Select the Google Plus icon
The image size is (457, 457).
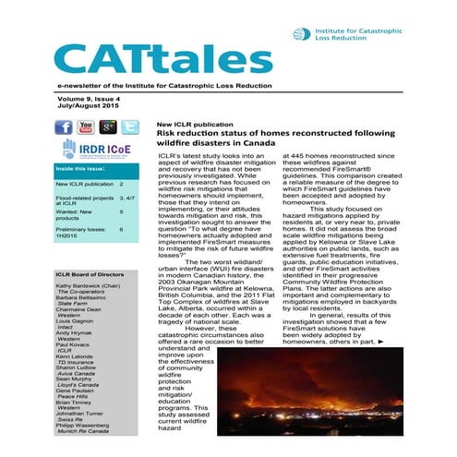point(108,127)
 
